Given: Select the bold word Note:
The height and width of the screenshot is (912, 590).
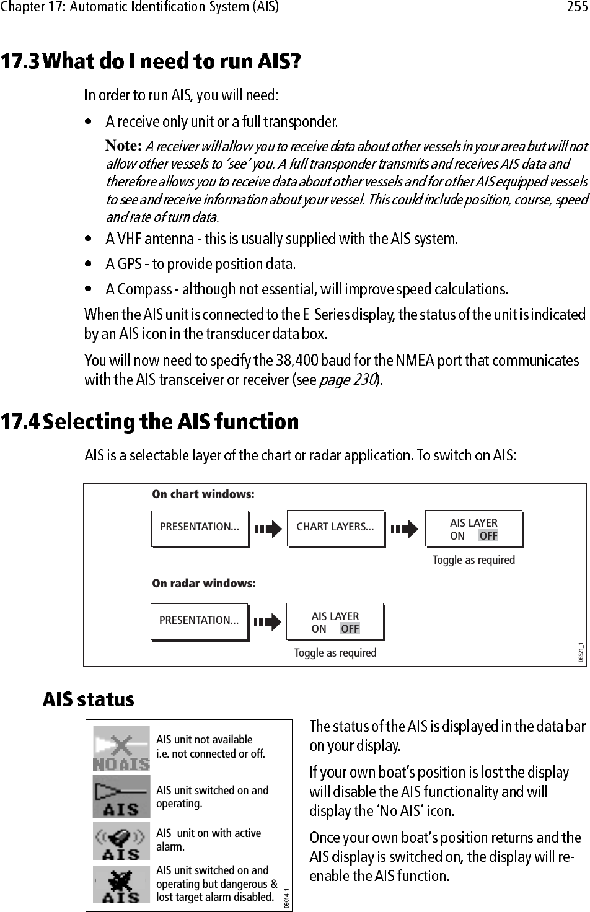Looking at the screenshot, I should [x=125, y=146].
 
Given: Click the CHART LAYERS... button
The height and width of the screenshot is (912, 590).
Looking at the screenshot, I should [x=335, y=528].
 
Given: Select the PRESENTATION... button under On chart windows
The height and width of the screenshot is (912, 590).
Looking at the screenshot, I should [x=200, y=528].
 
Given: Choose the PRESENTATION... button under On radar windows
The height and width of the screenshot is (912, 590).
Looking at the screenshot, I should [x=199, y=621].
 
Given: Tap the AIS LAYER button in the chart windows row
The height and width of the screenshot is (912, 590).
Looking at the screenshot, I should [x=473, y=528].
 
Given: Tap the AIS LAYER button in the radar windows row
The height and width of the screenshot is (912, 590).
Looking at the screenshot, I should [x=335, y=621].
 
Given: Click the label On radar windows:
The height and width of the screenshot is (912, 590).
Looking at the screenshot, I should [x=203, y=584].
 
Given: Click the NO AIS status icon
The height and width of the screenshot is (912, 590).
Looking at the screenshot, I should [x=121, y=749].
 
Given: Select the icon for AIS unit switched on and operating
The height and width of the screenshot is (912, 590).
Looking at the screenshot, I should [x=121, y=797].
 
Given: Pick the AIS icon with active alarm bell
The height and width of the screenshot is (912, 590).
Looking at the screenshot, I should [x=121, y=841].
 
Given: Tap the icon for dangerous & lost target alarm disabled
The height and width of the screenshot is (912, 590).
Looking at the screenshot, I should [x=121, y=884].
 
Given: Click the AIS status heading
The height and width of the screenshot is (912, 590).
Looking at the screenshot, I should [x=88, y=700].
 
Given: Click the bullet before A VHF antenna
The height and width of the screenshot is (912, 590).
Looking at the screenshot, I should [x=90, y=239].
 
